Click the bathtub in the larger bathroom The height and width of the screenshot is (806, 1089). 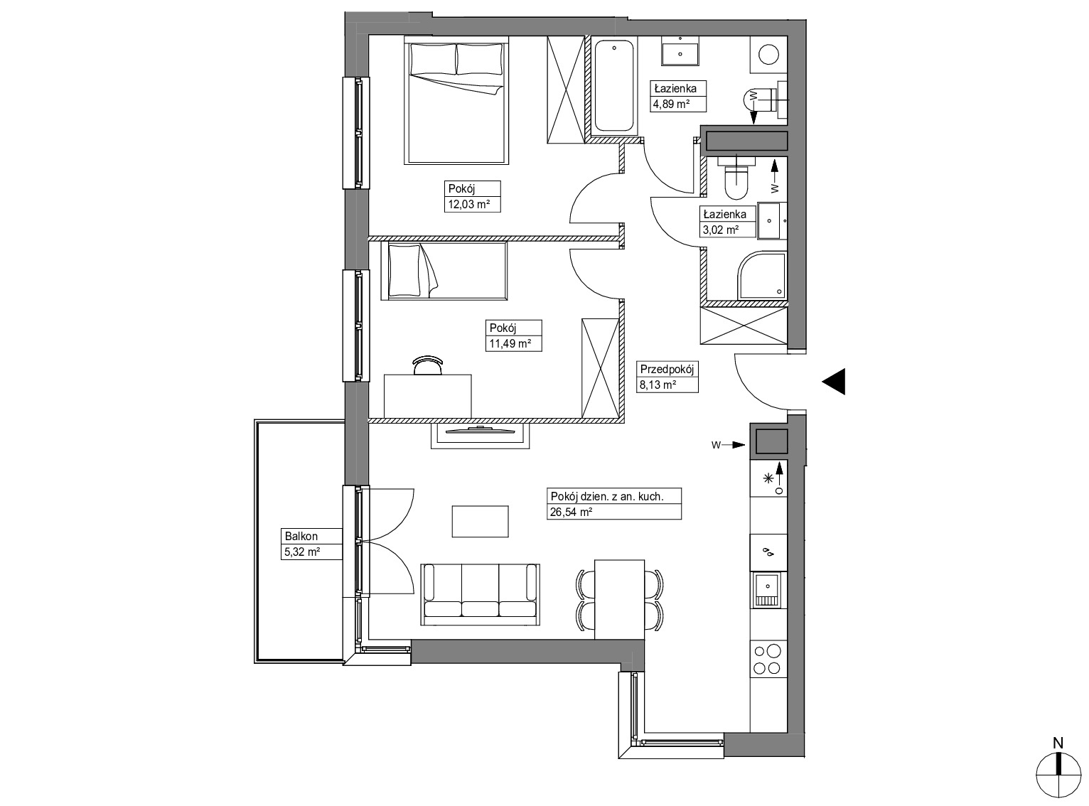point(613,87)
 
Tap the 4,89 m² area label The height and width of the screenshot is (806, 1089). point(671,104)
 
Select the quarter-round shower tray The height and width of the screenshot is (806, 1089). point(762,276)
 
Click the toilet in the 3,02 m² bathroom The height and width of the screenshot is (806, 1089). point(736,178)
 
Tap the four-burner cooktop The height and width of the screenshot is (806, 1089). point(768,659)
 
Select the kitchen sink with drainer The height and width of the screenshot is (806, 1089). point(768,591)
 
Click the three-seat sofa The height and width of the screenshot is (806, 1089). point(481,594)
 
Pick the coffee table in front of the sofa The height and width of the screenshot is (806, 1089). point(481,522)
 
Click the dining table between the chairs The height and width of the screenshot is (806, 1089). point(619,599)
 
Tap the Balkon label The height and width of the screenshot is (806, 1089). point(301,537)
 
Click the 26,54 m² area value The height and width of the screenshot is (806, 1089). point(571,512)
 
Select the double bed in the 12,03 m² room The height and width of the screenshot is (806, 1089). point(456,102)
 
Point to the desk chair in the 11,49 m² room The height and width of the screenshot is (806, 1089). point(428,365)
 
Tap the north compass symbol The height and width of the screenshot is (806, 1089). point(1058,775)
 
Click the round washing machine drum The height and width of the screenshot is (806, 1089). point(768,53)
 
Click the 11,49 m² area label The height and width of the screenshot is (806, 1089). point(510,343)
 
